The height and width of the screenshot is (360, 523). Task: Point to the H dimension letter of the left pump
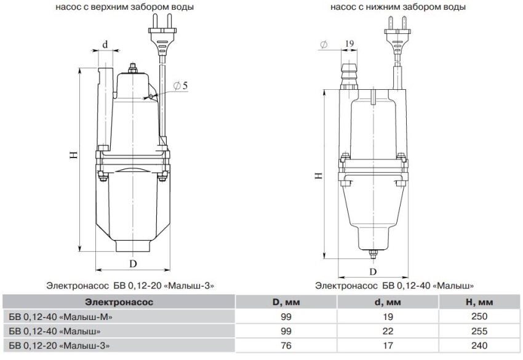point(73,156)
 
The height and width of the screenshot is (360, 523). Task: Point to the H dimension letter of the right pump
point(318,175)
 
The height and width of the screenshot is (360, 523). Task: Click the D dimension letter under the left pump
point(132,263)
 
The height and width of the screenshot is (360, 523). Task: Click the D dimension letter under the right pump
point(372,270)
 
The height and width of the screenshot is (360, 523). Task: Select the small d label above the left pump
point(105,45)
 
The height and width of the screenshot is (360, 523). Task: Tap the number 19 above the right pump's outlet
point(349,44)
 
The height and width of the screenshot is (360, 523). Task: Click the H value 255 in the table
point(477,330)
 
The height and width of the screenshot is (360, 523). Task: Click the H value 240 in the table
point(477,345)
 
